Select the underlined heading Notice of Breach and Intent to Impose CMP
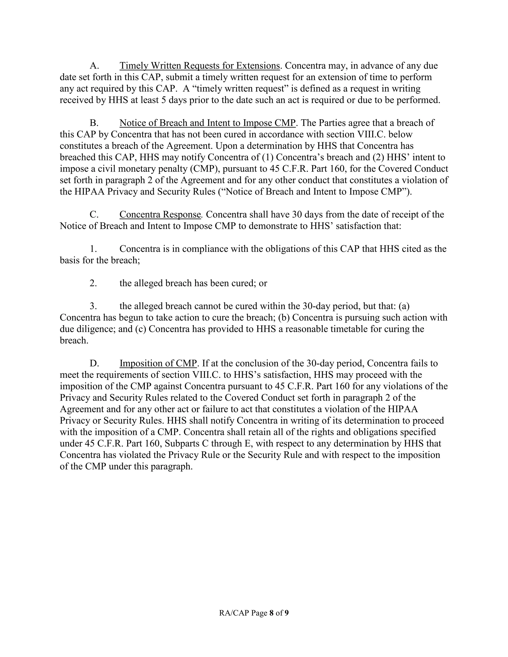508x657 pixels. click(208, 123)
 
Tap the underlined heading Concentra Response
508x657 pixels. click(160, 214)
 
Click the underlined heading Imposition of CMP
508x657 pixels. click(158, 363)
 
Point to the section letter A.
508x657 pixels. click(94, 66)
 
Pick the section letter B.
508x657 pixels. click(94, 123)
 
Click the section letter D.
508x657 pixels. click(94, 363)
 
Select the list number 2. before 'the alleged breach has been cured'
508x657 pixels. click(93, 283)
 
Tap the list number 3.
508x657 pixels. click(93, 306)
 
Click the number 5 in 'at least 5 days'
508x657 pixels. click(164, 100)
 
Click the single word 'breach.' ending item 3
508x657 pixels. click(74, 341)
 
